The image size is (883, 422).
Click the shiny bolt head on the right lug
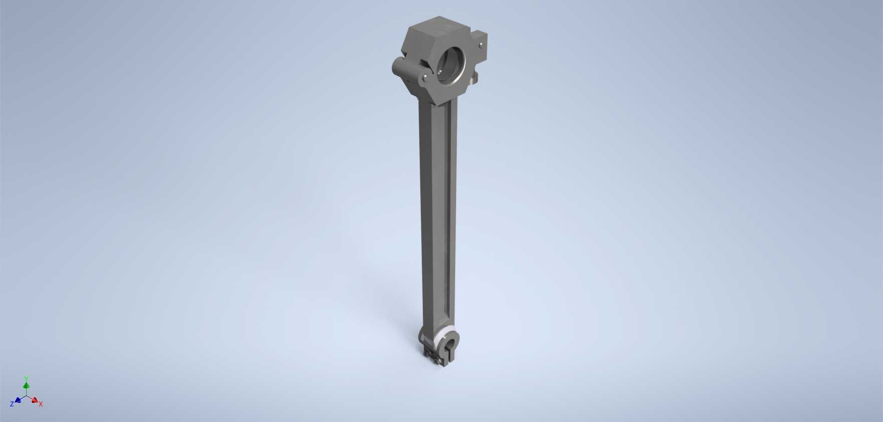pos(481,45)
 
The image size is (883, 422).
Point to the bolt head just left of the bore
pos(425,78)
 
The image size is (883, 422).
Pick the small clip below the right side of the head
pos(473,78)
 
